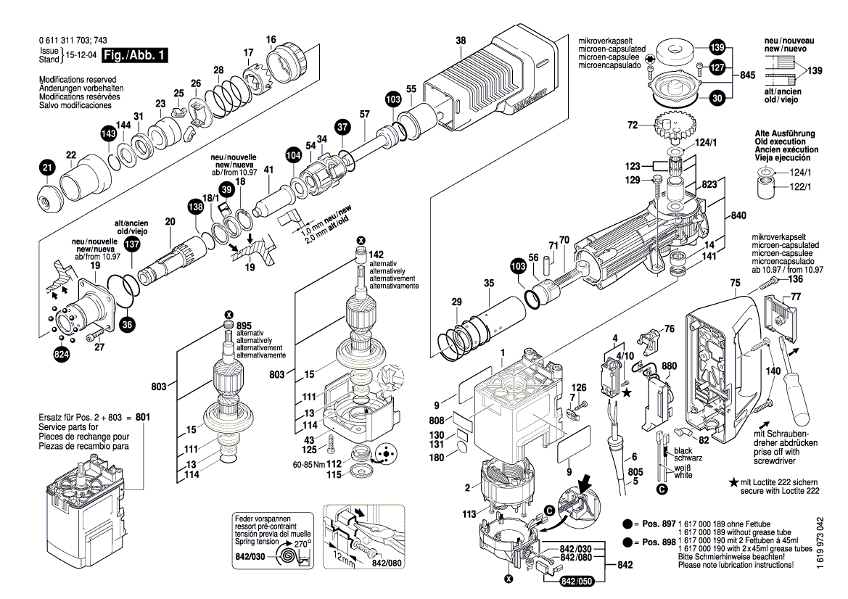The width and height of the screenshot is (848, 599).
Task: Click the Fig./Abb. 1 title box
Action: pos(135,55)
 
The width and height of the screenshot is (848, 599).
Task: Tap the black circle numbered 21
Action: pos(47,169)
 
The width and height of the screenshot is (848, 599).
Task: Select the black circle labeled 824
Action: pos(63,355)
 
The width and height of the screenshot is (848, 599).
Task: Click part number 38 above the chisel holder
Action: pos(461,41)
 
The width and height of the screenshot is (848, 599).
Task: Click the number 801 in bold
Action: pos(143,418)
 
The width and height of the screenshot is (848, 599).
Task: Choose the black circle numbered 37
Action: pos(342,128)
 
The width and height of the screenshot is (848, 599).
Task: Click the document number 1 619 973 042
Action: pos(820,555)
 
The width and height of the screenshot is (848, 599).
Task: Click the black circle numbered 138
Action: pos(194,206)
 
